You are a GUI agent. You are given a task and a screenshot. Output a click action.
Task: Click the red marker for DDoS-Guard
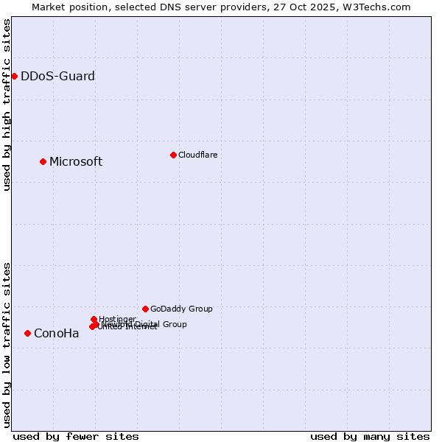(14, 76)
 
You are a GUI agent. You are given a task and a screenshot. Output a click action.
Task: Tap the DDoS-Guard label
(57, 76)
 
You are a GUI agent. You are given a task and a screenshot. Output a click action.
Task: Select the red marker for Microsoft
(43, 161)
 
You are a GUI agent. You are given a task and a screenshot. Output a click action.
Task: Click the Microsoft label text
(76, 162)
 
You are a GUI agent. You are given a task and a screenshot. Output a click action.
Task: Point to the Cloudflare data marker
(173, 155)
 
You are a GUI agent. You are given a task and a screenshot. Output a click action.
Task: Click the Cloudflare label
(197, 155)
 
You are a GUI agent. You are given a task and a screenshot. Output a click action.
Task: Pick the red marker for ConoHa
(27, 333)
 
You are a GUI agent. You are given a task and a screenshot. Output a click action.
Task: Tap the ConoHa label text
(57, 334)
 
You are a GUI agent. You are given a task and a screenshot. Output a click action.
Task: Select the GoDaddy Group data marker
(145, 309)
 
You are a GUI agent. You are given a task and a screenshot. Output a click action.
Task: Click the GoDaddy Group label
(181, 309)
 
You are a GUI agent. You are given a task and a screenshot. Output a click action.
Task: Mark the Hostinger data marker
(94, 319)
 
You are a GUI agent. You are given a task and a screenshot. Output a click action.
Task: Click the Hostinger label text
(117, 319)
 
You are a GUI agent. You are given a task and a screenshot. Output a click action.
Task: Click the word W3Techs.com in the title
(381, 7)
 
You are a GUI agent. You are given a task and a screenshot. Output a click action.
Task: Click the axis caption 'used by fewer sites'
(76, 436)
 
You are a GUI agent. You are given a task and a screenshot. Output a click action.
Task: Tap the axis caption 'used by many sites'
(370, 436)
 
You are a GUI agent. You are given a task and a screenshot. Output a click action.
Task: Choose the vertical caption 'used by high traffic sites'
(7, 105)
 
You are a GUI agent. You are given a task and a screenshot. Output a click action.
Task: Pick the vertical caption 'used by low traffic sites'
(7, 345)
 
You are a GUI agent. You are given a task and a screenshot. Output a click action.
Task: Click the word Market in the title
(49, 7)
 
